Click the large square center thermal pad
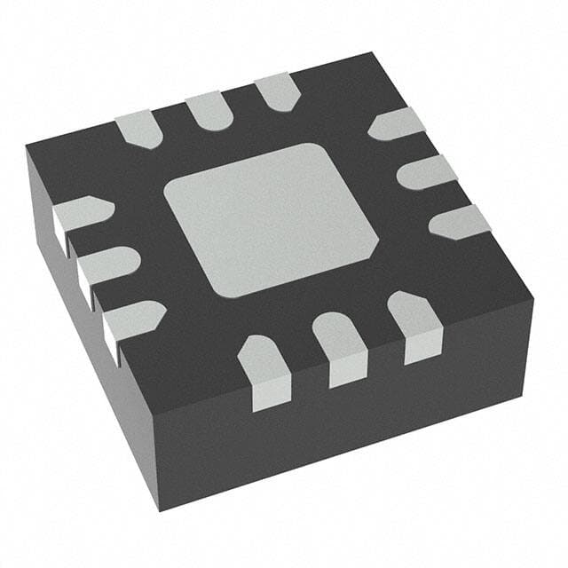pos(272,218)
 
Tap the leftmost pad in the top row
pos(138,129)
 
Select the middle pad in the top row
pos(208,109)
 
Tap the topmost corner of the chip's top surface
pos(369,52)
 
